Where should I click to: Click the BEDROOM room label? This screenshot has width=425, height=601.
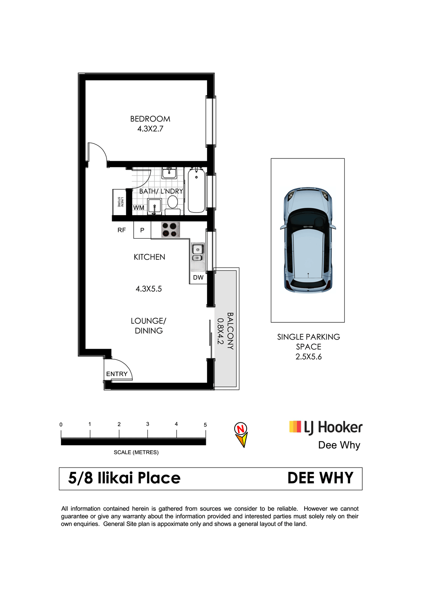pyautogui.click(x=150, y=119)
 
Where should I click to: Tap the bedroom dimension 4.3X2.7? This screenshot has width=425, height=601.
pyautogui.click(x=150, y=129)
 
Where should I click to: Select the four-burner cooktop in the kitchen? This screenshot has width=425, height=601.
pyautogui.click(x=171, y=230)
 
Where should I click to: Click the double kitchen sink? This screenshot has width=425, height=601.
pyautogui.click(x=198, y=253)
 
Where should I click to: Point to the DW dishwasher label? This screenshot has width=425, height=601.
pyautogui.click(x=198, y=277)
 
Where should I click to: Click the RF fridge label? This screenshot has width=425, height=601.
pyautogui.click(x=122, y=230)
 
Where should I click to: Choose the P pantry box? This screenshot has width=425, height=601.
pyautogui.click(x=142, y=230)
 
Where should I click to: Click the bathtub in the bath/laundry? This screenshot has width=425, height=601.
pyautogui.click(x=196, y=190)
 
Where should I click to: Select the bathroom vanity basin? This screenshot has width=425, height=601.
pyautogui.click(x=169, y=173)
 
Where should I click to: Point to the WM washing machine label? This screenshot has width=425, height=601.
pyautogui.click(x=139, y=208)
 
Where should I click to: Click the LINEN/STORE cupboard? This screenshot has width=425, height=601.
pyautogui.click(x=119, y=202)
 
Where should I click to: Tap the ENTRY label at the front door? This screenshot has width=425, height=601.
pyautogui.click(x=117, y=374)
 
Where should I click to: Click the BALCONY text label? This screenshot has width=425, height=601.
pyautogui.click(x=230, y=331)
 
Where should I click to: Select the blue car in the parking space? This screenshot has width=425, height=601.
pyautogui.click(x=308, y=240)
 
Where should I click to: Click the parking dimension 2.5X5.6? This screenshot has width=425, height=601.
pyautogui.click(x=309, y=357)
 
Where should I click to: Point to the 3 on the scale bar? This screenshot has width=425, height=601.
pyautogui.click(x=147, y=424)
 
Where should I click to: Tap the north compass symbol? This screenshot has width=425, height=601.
pyautogui.click(x=241, y=435)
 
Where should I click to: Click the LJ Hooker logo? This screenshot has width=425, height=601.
pyautogui.click(x=326, y=428)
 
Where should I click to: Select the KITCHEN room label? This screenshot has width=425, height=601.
pyautogui.click(x=150, y=257)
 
